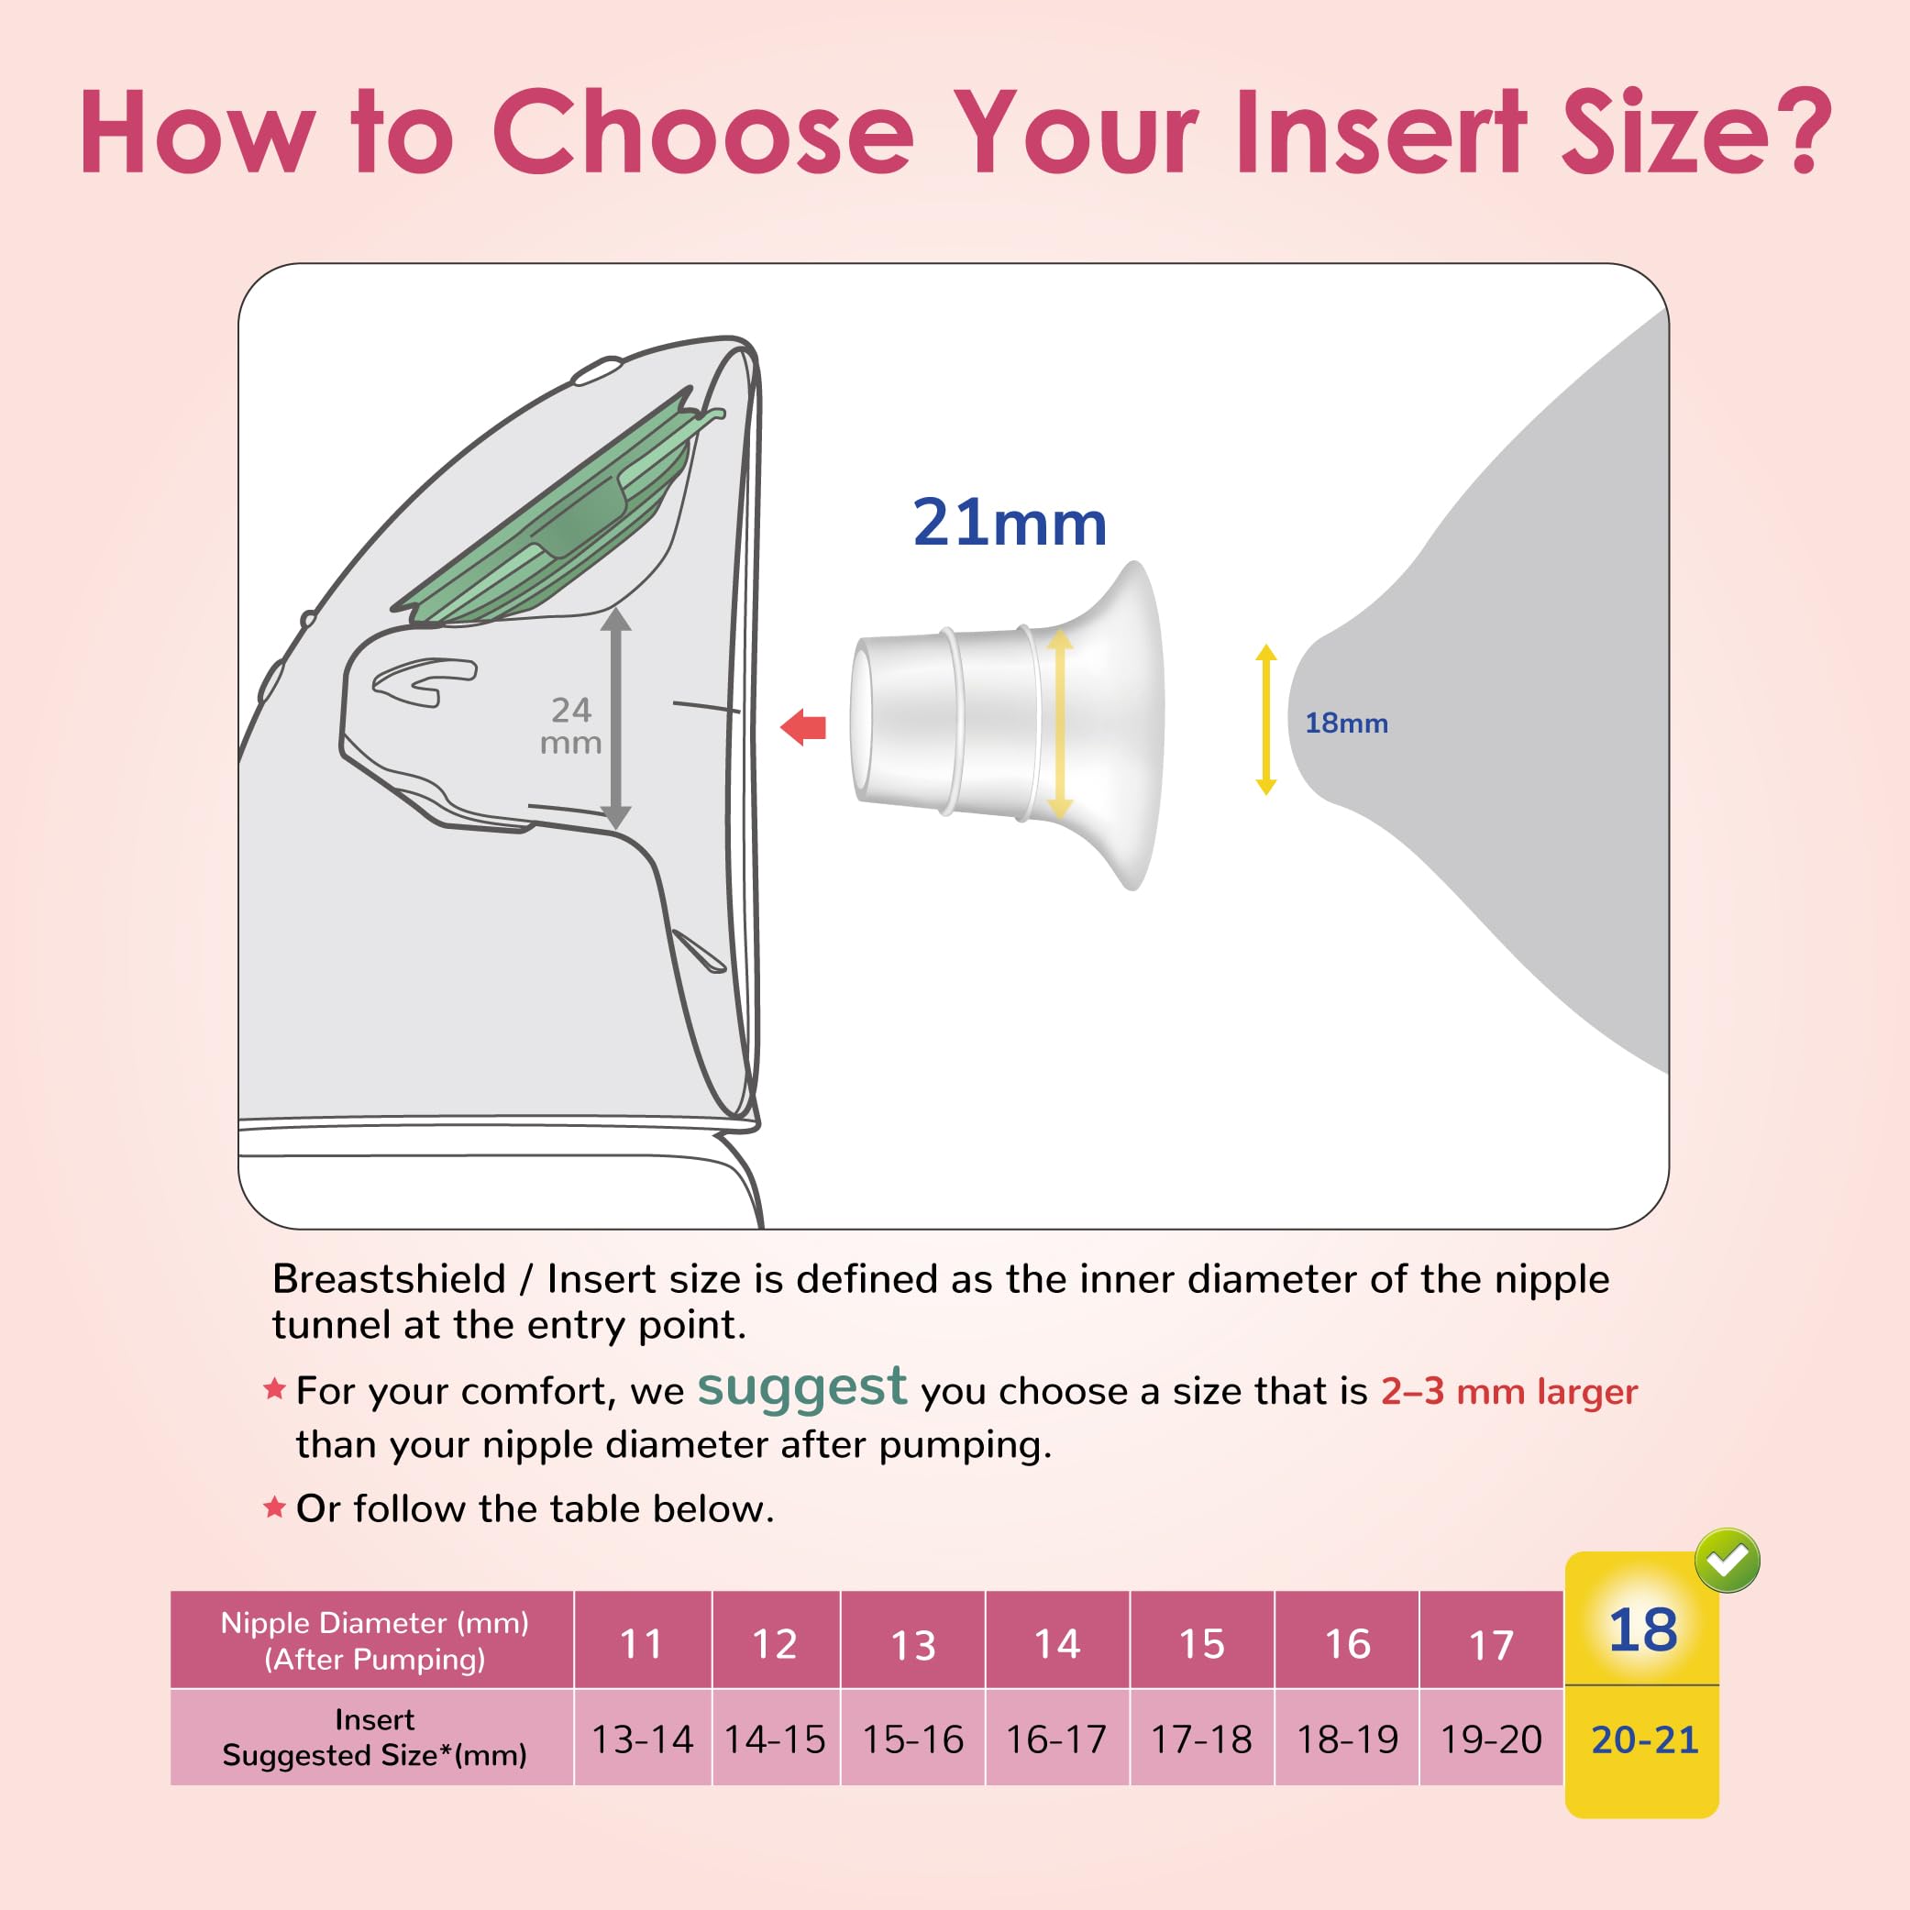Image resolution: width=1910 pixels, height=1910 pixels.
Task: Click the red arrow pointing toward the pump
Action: coord(804,728)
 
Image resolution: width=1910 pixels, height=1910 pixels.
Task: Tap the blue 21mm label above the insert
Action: coord(1009,523)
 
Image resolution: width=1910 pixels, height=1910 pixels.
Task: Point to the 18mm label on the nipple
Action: coord(1345,723)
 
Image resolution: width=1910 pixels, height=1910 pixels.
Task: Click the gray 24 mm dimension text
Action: coord(570,725)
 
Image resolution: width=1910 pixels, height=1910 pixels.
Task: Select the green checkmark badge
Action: coord(1728,1561)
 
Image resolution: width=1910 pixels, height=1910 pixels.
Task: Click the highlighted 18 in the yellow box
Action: coord(1642,1629)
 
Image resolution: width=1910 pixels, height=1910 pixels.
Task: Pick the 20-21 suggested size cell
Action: coord(1644,1740)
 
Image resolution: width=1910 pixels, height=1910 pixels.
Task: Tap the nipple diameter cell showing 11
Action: coord(642,1644)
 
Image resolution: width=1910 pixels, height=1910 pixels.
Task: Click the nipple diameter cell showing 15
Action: coord(1201,1644)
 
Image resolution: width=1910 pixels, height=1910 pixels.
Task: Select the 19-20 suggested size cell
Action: coord(1491,1740)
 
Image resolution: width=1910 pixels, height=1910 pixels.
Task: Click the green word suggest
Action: coord(801,1387)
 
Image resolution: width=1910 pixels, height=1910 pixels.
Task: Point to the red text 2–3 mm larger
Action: coord(1508,1392)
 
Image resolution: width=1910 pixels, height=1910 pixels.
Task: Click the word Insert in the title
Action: coord(1381,132)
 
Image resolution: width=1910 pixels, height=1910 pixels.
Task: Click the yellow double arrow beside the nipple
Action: coord(1265,720)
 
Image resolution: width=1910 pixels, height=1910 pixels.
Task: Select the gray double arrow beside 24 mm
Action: coord(616,719)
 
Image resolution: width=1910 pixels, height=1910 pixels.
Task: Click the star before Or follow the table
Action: coord(274,1507)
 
